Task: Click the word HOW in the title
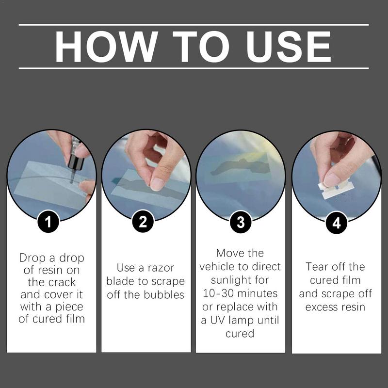pyautogui.click(x=106, y=47)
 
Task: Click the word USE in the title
pyautogui.click(x=289, y=47)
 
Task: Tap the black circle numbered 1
pyautogui.click(x=48, y=222)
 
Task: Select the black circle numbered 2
pyautogui.click(x=143, y=221)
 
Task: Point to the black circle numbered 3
pyautogui.click(x=241, y=222)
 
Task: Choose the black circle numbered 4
pyautogui.click(x=336, y=223)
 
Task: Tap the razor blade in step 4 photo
pyautogui.click(x=335, y=189)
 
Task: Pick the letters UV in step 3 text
pyautogui.click(x=218, y=320)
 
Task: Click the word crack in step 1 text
pyautogui.click(x=63, y=282)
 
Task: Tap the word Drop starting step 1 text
pyautogui.click(x=33, y=258)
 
